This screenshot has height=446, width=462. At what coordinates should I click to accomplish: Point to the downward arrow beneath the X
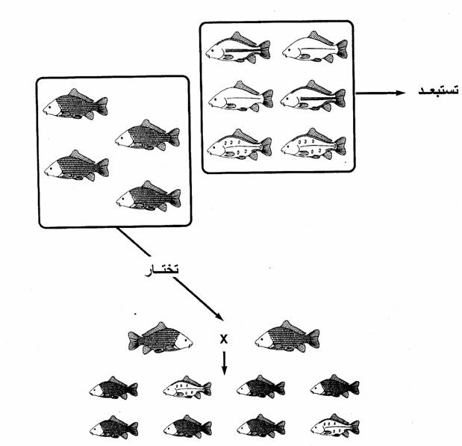point(224,362)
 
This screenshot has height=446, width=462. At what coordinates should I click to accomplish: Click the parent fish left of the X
point(160,338)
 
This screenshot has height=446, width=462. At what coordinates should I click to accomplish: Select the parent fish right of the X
point(287,338)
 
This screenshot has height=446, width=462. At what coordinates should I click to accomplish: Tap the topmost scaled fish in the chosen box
point(74,104)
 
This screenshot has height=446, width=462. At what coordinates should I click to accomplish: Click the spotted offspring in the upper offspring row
point(187,388)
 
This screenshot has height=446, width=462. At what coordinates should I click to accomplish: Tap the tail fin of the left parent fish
point(134,341)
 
